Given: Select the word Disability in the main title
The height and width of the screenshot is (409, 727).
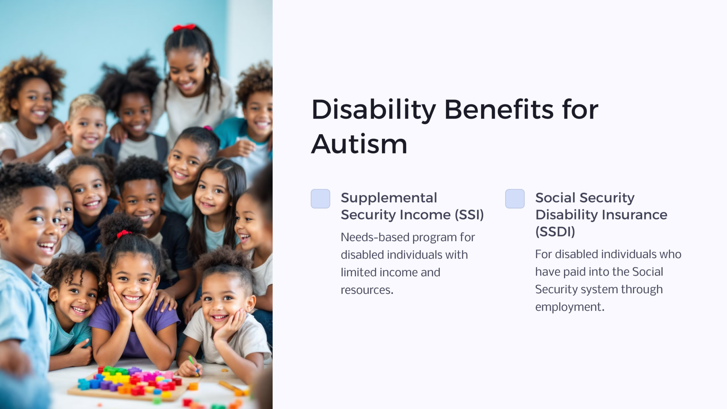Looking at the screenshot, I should (x=373, y=110).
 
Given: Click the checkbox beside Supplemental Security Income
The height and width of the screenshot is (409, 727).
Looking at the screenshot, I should (x=320, y=198).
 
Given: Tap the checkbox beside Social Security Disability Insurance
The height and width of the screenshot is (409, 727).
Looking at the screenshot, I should (x=515, y=198).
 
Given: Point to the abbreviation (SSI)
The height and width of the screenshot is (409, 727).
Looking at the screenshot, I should (x=469, y=215).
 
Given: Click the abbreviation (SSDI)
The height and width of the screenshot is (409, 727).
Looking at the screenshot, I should (x=555, y=232).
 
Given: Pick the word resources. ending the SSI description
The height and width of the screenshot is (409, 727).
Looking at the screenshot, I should (x=367, y=290).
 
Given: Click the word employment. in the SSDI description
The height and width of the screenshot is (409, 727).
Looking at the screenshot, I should (x=569, y=307).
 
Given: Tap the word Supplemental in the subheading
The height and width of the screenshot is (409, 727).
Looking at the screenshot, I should (x=389, y=198).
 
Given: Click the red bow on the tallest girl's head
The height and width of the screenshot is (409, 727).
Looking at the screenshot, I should (x=184, y=27).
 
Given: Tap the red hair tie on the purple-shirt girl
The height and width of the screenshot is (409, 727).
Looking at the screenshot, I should (x=124, y=234).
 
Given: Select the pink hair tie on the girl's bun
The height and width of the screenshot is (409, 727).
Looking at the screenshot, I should (x=208, y=128).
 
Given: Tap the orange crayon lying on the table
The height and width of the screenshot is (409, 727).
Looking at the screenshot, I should (x=231, y=387).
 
